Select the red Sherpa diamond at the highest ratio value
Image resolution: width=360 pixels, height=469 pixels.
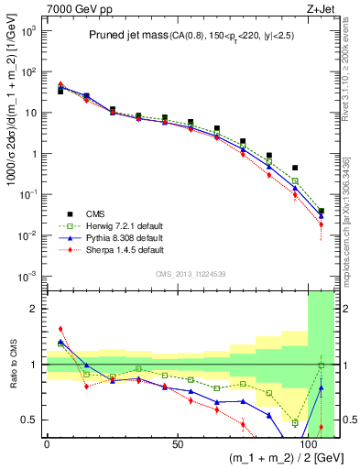(x=60, y=329)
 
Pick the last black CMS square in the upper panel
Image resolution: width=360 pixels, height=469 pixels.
(x=321, y=212)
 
